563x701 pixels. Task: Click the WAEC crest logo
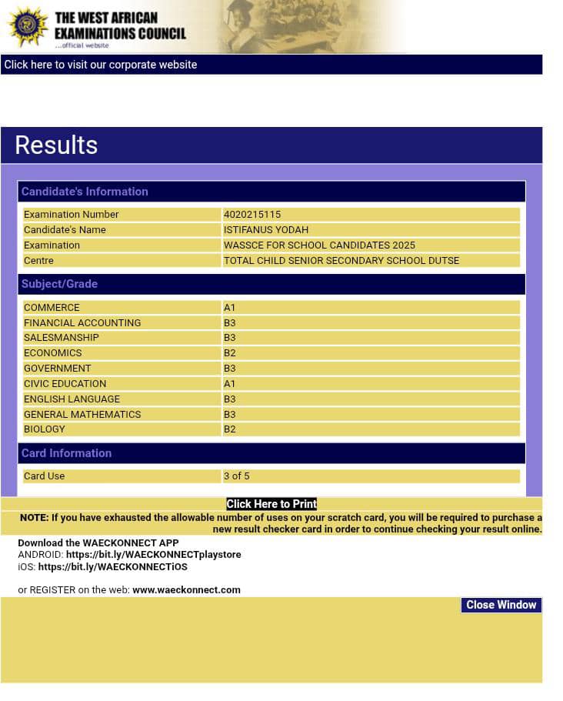click(28, 27)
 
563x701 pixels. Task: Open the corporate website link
click(101, 65)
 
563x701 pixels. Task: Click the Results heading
click(56, 145)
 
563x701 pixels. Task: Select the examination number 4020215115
click(252, 215)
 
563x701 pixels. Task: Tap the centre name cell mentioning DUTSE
click(341, 261)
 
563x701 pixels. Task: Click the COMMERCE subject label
click(52, 308)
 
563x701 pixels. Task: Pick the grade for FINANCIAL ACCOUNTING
click(229, 323)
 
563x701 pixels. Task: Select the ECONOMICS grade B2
click(229, 353)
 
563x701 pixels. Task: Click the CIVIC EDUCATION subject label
click(65, 384)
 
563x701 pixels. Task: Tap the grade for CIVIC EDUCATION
click(229, 384)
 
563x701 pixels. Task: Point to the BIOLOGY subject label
click(45, 429)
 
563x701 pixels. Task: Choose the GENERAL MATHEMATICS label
click(82, 415)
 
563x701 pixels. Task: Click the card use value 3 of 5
click(236, 476)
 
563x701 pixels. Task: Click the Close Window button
click(501, 605)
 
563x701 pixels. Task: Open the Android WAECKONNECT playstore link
click(153, 555)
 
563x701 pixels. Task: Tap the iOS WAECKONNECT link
click(112, 567)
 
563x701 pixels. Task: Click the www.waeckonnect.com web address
click(186, 590)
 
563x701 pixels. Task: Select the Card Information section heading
click(66, 453)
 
